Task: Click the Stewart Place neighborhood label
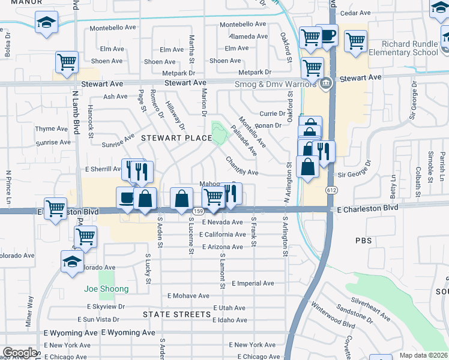tap(176, 138)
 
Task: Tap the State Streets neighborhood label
tap(176, 314)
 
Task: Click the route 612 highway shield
tap(331, 190)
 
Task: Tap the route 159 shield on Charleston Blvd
tap(197, 212)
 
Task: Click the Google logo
tap(20, 353)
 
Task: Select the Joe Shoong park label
tap(106, 289)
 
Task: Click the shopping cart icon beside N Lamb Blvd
tap(67, 61)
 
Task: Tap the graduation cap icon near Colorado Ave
tap(72, 261)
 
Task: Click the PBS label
tap(363, 241)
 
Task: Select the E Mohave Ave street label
tap(188, 296)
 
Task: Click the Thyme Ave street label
tap(52, 129)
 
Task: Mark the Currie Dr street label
tap(273, 113)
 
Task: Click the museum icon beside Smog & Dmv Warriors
tap(325, 83)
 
